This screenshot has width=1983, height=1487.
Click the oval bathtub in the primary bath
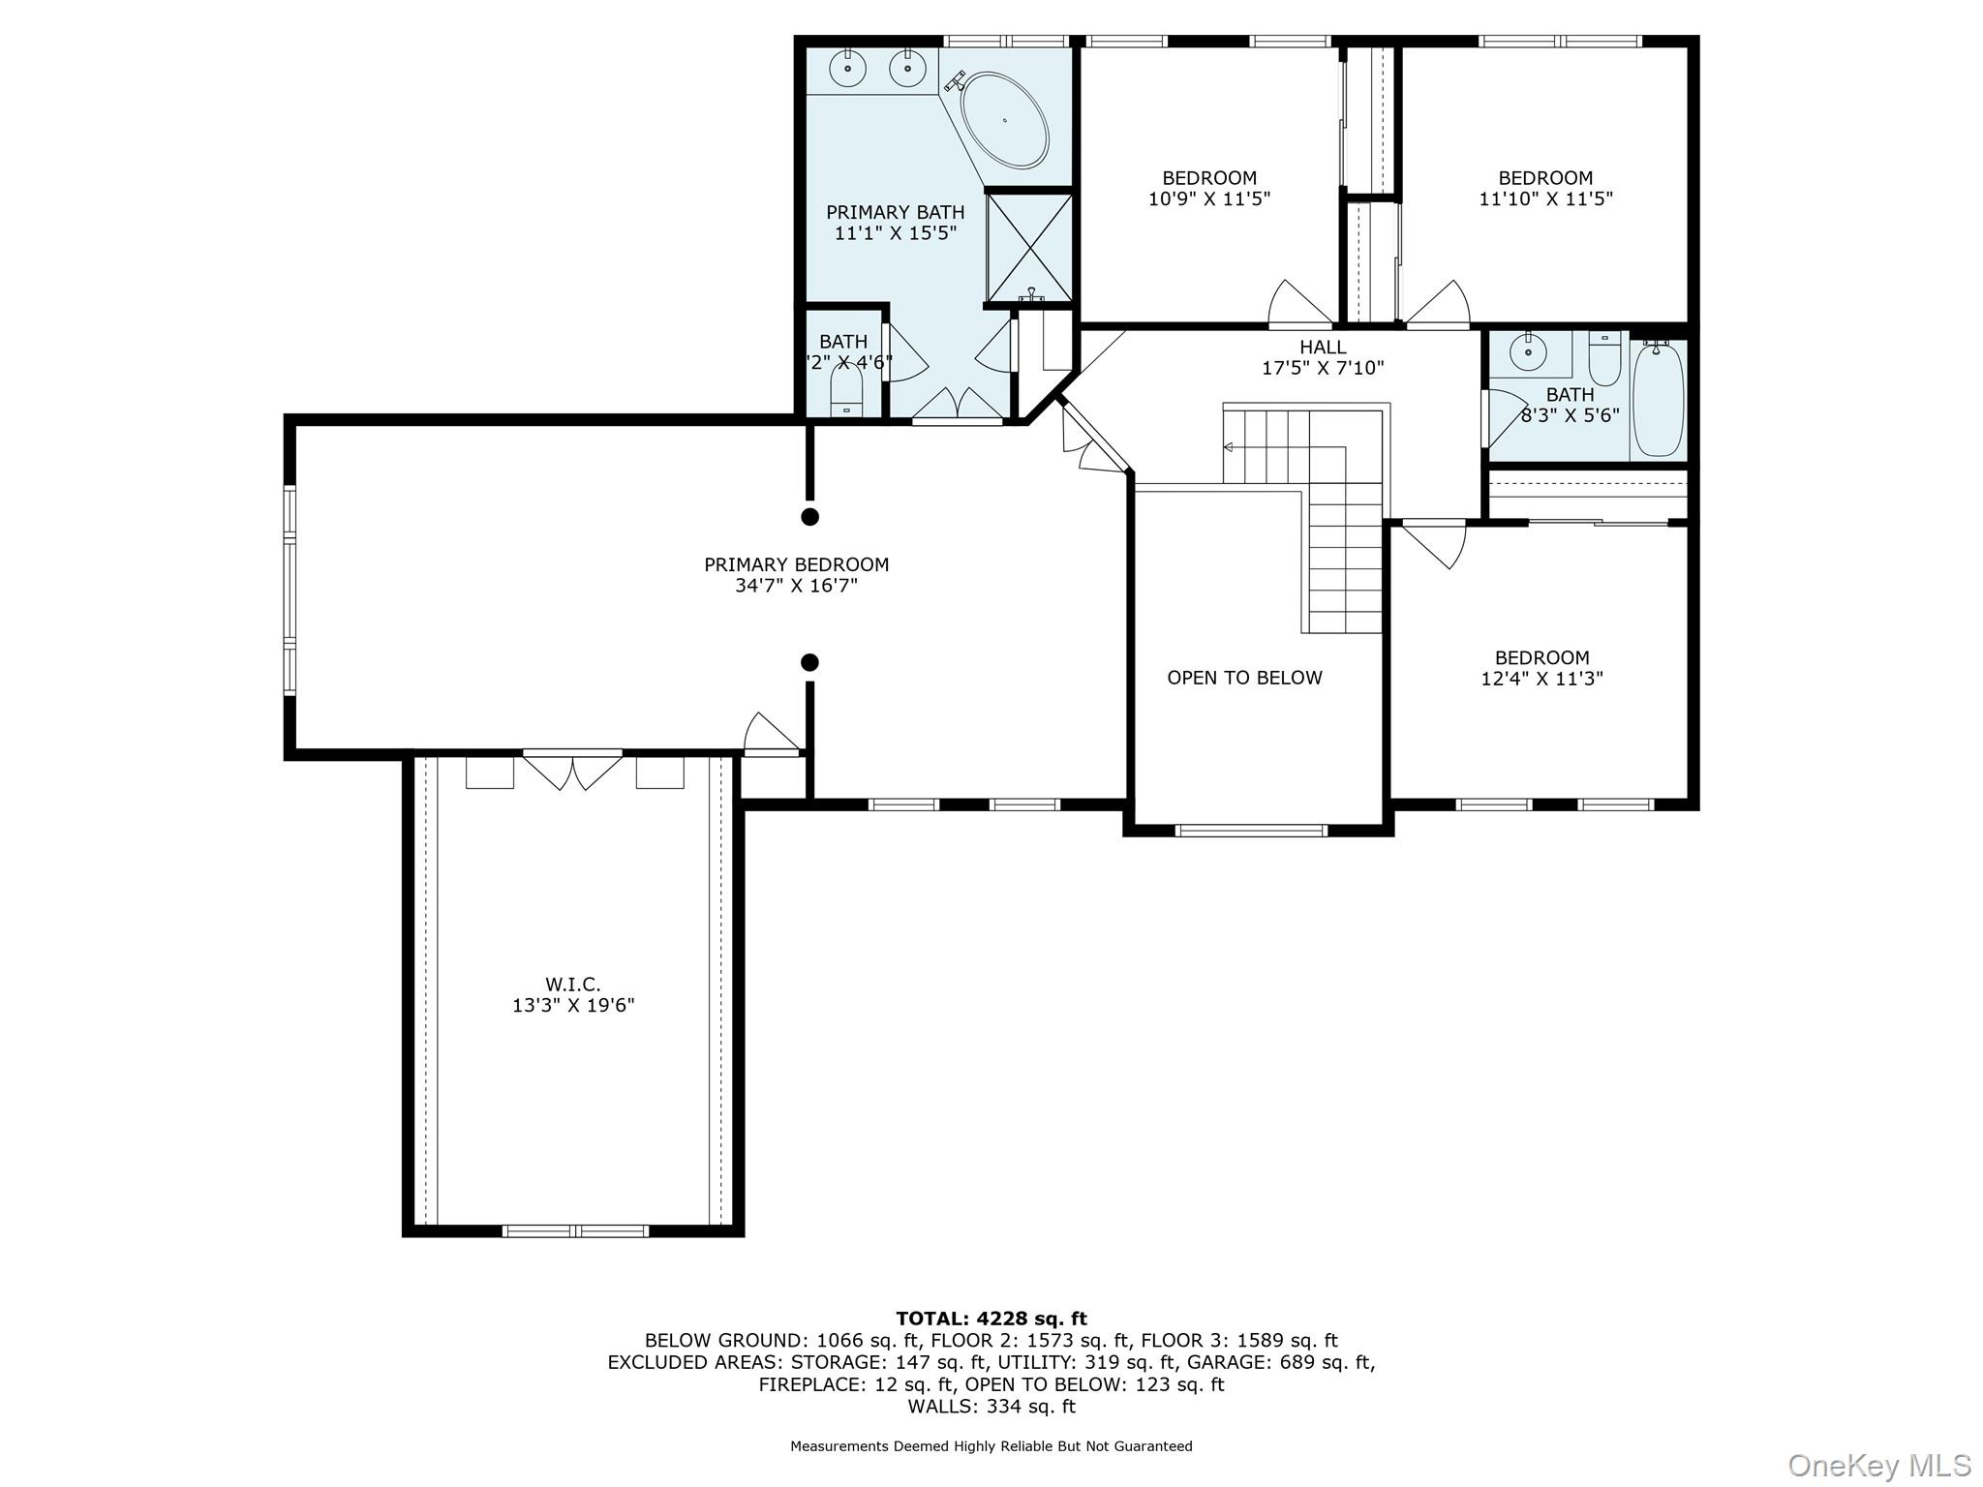(1004, 120)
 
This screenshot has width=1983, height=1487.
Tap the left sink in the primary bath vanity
(847, 68)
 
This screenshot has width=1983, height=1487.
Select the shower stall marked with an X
(1029, 248)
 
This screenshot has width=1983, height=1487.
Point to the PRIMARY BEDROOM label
(796, 564)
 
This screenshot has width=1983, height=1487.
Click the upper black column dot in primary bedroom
(810, 516)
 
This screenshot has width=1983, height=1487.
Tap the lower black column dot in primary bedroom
(810, 662)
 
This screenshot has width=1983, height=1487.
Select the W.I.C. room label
(572, 985)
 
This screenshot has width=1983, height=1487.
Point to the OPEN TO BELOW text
(1244, 678)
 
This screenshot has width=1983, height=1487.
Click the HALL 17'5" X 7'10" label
(1323, 357)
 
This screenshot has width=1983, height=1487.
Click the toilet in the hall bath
(1604, 359)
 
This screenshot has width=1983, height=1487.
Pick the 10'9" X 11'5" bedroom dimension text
(1209, 199)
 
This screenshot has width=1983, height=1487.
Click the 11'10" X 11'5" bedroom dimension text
(1545, 199)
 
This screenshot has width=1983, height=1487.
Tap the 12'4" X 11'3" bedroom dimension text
(1541, 680)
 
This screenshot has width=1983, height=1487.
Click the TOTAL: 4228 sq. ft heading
(991, 1319)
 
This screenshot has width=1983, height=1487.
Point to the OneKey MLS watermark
(1878, 1465)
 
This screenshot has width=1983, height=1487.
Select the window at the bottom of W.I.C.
(575, 1230)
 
